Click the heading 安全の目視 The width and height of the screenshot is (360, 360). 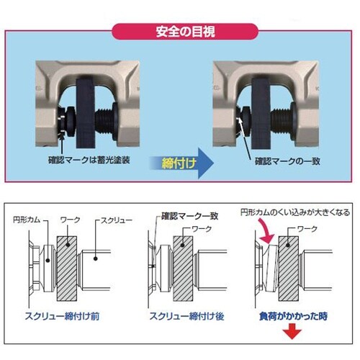(180, 32)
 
